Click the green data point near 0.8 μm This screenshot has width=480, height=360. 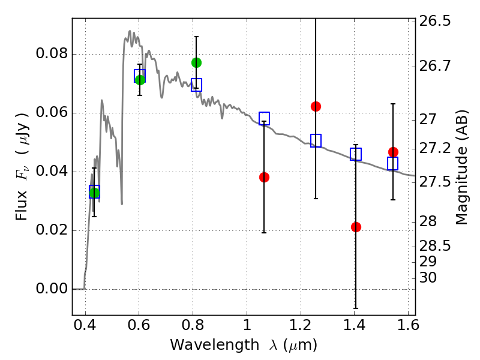coord(196,62)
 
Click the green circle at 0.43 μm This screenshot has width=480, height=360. coord(94,192)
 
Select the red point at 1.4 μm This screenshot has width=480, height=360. coord(356,227)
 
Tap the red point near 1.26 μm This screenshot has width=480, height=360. coord(316,106)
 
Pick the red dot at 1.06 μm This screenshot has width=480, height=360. coord(264,177)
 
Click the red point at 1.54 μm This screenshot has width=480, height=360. coord(393,152)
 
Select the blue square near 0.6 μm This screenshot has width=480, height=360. coord(140,76)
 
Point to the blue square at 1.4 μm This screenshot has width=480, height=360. coord(356,154)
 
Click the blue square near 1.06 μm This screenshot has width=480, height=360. coord(264,118)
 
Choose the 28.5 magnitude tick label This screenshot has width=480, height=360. coord(436,246)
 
